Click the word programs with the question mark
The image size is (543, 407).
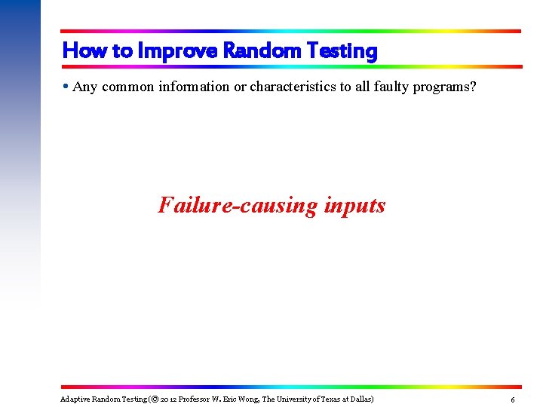coord(447,87)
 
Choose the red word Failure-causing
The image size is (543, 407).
coord(238,205)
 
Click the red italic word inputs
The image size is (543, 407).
coord(354,205)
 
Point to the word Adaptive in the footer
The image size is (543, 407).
coord(75,398)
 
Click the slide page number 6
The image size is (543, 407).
coord(513,399)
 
